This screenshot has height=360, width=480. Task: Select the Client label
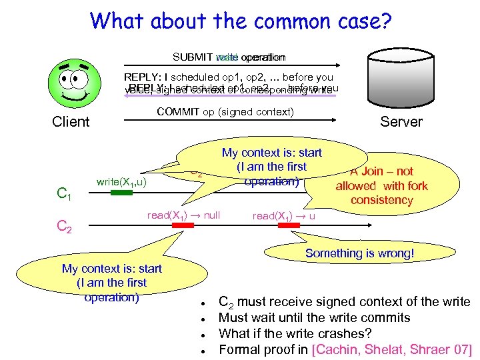71,121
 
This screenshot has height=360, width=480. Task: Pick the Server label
401,121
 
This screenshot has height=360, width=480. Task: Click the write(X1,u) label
121,181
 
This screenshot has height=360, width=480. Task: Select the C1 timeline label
65,195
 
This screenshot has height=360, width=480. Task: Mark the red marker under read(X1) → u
289,226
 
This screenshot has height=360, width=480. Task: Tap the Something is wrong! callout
359,253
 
